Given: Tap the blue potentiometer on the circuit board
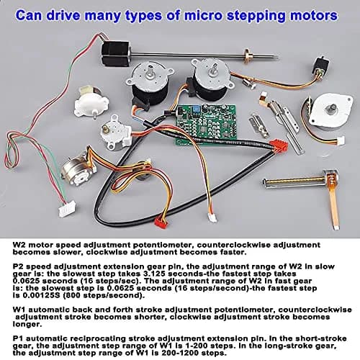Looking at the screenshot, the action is coord(195,110).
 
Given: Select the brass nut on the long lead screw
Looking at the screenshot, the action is coord(247,55).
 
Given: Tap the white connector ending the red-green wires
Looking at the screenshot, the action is coord(68,208).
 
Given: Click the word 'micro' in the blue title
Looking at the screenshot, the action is coord(201,15).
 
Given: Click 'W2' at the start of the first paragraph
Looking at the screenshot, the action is coord(19,245).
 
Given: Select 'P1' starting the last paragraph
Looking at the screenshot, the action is coord(18,338).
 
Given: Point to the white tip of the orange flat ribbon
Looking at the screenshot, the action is coord(336,226).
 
